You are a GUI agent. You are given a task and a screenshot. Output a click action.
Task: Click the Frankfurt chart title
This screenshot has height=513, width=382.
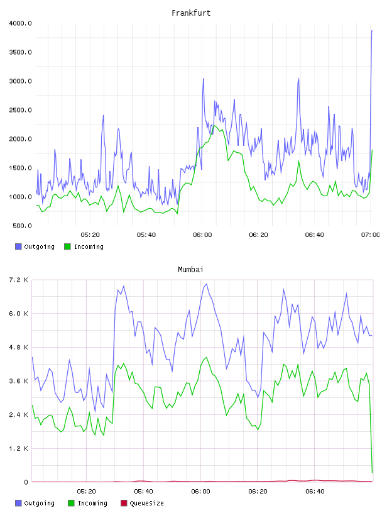(x=191, y=13)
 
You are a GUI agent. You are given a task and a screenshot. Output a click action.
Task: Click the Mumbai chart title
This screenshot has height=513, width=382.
(x=190, y=269)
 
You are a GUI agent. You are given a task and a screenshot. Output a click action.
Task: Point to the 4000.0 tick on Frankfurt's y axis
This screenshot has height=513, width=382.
(x=20, y=23)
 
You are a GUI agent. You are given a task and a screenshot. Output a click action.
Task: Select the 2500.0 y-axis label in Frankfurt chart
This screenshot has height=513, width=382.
(x=20, y=110)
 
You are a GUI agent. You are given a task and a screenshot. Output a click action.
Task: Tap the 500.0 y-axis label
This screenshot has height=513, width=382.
(x=22, y=226)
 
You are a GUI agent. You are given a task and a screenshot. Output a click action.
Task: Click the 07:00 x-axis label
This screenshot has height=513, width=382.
(x=371, y=234)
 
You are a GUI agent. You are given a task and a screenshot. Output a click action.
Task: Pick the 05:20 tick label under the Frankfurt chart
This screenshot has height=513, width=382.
(x=90, y=234)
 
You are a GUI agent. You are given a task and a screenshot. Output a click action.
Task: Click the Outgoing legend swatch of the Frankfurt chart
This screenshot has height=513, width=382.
(x=18, y=246)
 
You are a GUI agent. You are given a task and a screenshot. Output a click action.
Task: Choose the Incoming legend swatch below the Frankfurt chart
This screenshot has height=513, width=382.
(x=67, y=246)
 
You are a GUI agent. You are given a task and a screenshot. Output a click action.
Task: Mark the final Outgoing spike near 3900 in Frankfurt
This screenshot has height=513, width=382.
(x=372, y=31)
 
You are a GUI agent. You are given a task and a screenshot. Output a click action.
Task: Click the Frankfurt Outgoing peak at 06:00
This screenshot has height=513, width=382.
(x=203, y=79)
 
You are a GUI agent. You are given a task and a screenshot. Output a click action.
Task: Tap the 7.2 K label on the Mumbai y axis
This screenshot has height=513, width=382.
(x=18, y=280)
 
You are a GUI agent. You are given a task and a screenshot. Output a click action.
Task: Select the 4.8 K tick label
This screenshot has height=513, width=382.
(x=18, y=347)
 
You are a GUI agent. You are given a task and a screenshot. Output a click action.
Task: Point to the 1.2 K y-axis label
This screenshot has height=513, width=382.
(x=18, y=448)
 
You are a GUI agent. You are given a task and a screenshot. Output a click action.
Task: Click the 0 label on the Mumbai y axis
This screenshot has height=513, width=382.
(x=26, y=482)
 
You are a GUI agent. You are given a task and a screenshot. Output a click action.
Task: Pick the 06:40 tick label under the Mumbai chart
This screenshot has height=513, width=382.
(x=315, y=491)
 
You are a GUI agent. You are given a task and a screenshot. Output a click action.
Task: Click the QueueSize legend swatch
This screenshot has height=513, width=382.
(x=124, y=503)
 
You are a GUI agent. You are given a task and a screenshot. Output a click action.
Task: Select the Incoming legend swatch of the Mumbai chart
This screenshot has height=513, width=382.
(x=71, y=503)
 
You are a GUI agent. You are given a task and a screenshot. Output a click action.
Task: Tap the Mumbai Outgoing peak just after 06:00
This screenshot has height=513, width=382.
(x=206, y=284)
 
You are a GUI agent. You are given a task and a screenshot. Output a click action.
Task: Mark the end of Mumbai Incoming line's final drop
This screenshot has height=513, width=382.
(x=372, y=472)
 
